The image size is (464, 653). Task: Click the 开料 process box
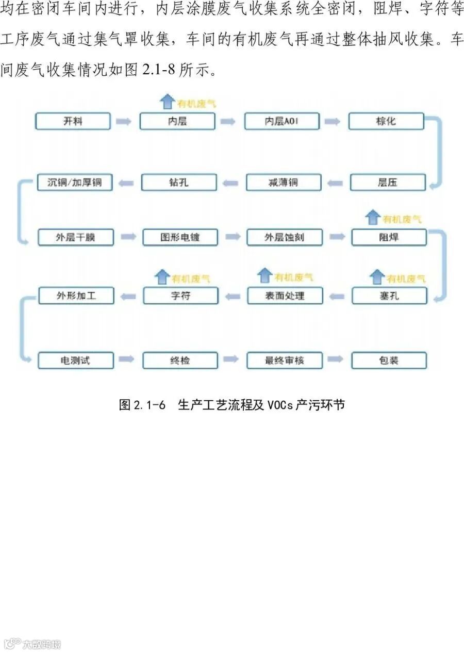[x=73, y=121]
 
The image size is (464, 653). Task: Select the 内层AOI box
[x=281, y=121]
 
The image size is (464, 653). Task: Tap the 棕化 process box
[x=386, y=121]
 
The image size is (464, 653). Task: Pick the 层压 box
[x=388, y=183]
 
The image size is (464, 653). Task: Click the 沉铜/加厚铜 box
[x=75, y=183]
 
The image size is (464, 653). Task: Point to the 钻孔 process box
[x=179, y=183]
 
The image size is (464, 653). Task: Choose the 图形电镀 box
[x=179, y=237]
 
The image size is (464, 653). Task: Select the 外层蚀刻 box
[x=284, y=237]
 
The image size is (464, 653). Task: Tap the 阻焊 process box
[x=389, y=237]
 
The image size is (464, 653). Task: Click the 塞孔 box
[x=389, y=296]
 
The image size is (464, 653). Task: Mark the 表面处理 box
[x=285, y=296]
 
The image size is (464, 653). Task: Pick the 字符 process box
[x=180, y=296]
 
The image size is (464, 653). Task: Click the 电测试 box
[x=75, y=360]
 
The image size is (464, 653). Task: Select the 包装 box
[x=389, y=360]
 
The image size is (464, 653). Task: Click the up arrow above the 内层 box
[x=167, y=102]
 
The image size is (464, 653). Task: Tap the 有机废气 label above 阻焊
[x=402, y=219]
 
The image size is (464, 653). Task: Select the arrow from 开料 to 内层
[x=124, y=122]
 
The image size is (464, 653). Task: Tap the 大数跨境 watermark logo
[x=32, y=644]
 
